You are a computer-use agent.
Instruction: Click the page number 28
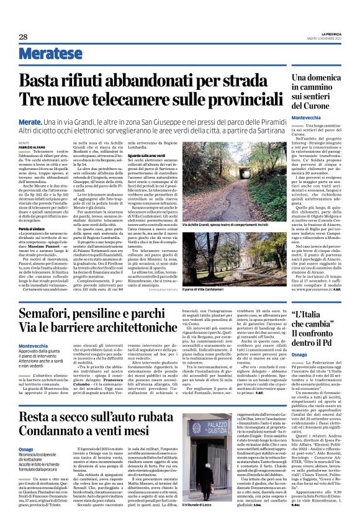23,37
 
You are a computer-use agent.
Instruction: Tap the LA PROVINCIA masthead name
331,34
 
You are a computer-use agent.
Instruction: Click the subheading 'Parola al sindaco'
32,212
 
